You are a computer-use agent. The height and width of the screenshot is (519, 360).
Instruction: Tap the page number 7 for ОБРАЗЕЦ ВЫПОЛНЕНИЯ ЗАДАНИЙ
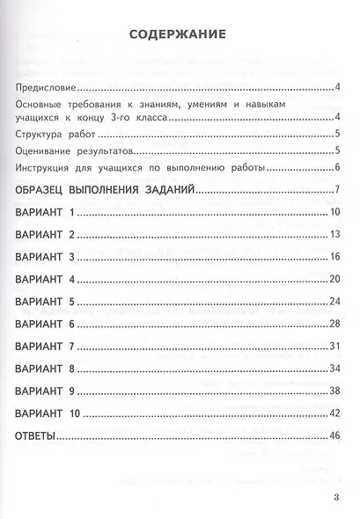pyautogui.click(x=337, y=191)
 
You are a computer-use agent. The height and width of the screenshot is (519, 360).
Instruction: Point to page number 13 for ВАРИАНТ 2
pyautogui.click(x=335, y=235)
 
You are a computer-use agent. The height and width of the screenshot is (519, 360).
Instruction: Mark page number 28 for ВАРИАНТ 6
pyautogui.click(x=334, y=323)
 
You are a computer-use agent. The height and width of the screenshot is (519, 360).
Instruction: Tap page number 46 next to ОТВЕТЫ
pyautogui.click(x=334, y=436)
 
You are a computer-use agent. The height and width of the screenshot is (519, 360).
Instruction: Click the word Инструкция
pyautogui.click(x=47, y=168)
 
